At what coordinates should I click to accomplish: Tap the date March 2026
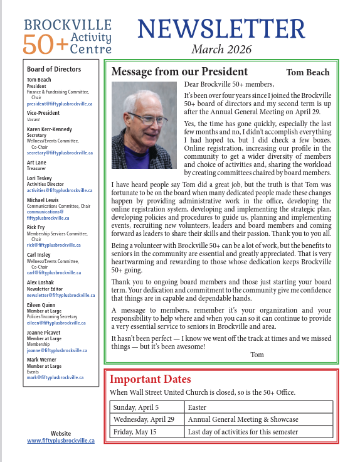pos(221,49)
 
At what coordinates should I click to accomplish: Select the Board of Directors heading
pos(54,69)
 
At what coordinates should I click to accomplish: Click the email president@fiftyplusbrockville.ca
pos(60,103)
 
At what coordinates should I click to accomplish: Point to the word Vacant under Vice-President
pos(33,119)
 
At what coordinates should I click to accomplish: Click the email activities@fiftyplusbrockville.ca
pos(60,190)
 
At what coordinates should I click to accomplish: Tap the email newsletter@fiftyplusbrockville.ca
pos(61,294)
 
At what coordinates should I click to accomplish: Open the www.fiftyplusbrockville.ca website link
pos(61,441)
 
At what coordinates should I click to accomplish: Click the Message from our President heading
pos(179,72)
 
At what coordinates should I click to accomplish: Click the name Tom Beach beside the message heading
pos(307,72)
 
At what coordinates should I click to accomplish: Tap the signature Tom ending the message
pos(257,355)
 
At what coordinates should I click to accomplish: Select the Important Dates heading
pos(151,379)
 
